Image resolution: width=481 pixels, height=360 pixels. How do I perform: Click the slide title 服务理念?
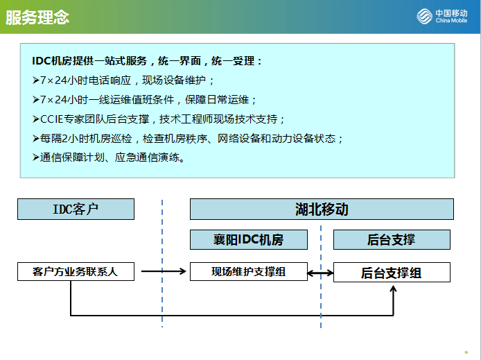coord(37,17)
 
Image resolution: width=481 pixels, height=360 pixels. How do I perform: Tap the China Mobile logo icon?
coord(424,16)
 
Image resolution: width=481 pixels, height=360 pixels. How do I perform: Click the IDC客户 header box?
coord(76,209)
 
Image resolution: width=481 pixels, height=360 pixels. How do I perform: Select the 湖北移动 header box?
coord(322,209)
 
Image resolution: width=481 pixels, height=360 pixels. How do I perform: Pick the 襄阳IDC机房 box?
coord(249,239)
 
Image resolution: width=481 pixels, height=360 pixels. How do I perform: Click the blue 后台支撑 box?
coord(392,239)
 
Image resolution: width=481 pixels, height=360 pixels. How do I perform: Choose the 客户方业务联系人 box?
coord(76,271)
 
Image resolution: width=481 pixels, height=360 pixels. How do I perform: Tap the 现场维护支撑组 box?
coord(249,271)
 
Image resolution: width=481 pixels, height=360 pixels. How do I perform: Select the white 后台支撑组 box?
coord(392,272)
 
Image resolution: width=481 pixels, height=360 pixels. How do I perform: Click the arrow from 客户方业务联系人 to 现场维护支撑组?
coord(164,271)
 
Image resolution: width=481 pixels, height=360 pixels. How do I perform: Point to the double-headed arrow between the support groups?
coord(320,273)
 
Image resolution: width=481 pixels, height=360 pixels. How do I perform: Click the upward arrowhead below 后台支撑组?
coord(393,289)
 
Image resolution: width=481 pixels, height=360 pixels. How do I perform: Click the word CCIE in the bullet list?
coord(51,119)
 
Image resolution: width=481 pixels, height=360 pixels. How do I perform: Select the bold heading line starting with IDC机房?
coord(147,61)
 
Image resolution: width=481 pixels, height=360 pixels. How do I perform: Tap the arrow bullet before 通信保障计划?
coord(35,157)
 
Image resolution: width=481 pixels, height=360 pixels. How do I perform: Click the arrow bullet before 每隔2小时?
coord(35,139)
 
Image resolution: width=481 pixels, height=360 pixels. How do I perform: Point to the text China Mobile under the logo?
coord(451,21)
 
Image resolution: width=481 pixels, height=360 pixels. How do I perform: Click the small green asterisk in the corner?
coord(466,352)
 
